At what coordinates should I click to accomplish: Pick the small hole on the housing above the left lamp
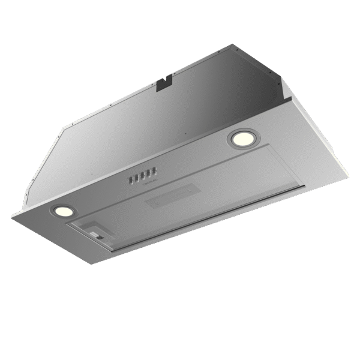point(91,175)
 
